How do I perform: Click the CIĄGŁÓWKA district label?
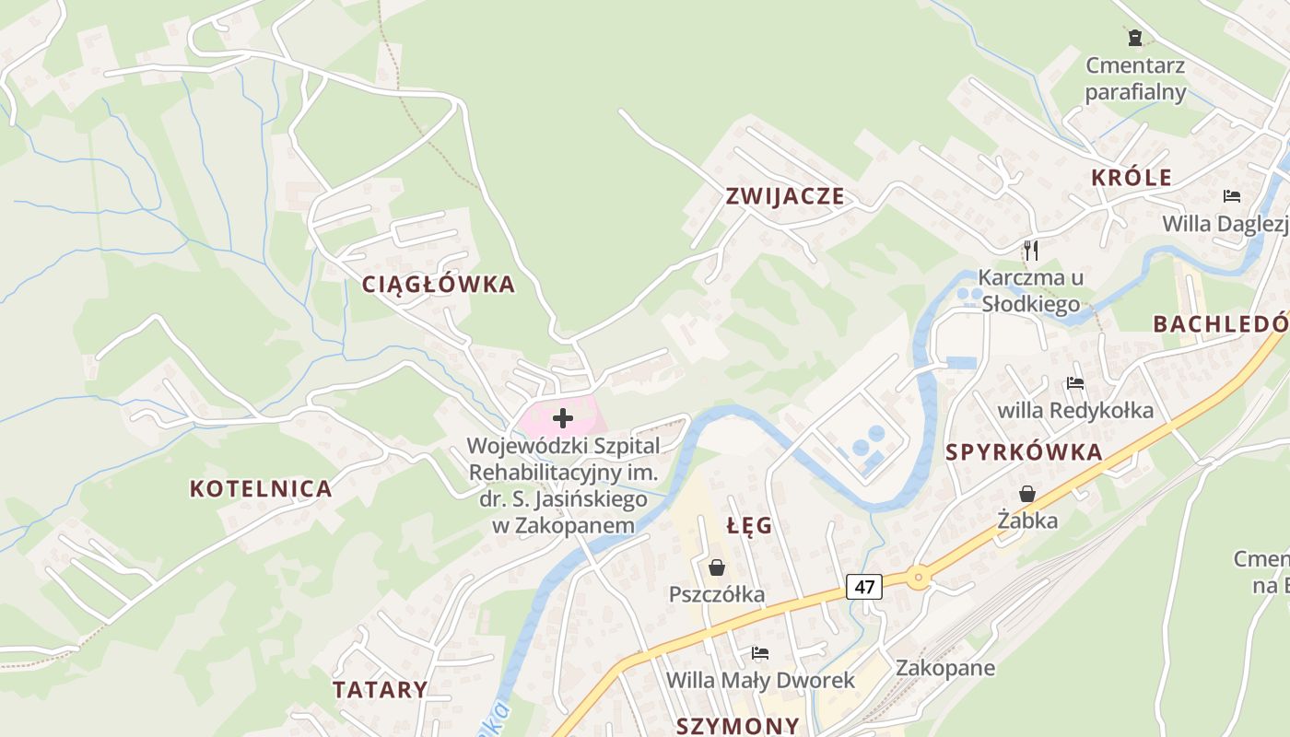[439, 285]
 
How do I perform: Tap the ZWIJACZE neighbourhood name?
[785, 195]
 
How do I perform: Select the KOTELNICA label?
[261, 488]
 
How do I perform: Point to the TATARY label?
[381, 689]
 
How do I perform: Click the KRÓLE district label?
[1132, 178]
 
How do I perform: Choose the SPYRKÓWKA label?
[1024, 452]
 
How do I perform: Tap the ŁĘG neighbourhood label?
[749, 526]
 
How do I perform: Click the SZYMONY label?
[738, 725]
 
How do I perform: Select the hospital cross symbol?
[562, 418]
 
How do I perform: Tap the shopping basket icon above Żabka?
[1027, 494]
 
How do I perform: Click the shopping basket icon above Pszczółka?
[717, 567]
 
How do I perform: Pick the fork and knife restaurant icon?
[1031, 250]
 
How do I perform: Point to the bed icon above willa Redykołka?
[1075, 383]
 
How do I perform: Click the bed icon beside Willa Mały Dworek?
[760, 653]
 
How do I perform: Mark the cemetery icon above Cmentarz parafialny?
[1135, 38]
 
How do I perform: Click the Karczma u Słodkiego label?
[1030, 290]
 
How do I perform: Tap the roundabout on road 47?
[918, 578]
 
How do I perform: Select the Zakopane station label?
[945, 668]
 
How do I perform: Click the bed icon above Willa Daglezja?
[1232, 196]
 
